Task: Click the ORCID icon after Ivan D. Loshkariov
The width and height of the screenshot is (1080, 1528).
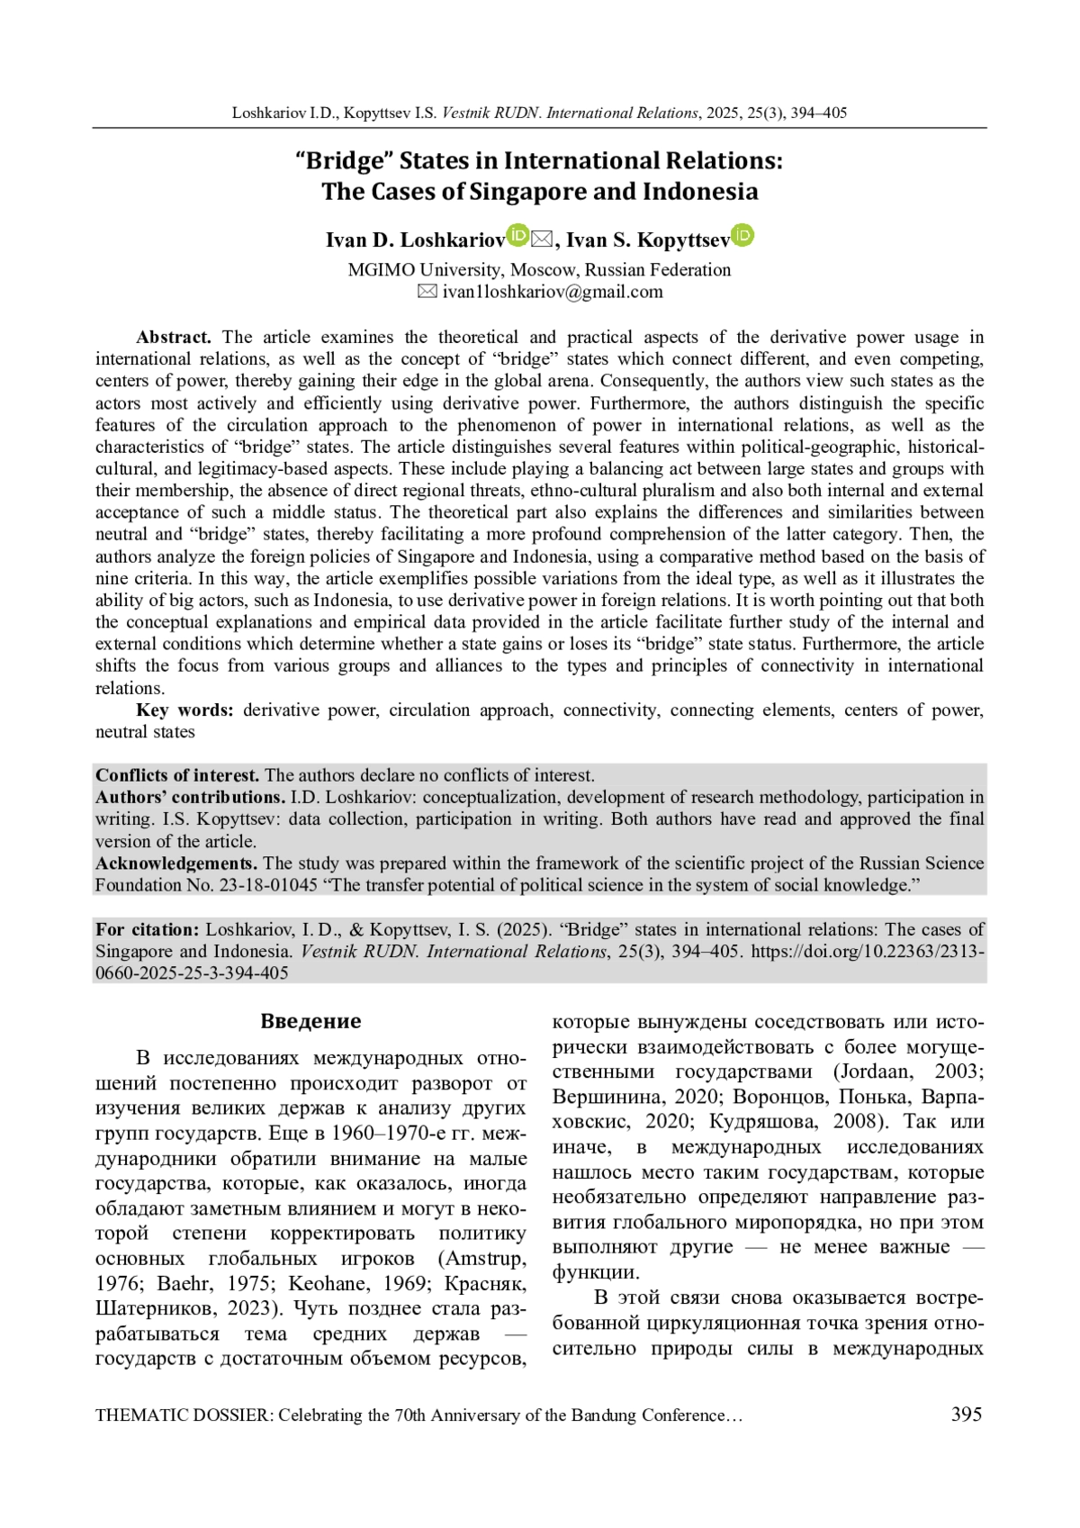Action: [x=517, y=236]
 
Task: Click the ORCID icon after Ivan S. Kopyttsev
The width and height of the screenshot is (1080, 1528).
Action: [x=742, y=236]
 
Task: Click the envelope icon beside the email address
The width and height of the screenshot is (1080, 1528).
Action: [x=427, y=292]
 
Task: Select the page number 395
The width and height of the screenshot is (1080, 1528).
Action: [x=966, y=1415]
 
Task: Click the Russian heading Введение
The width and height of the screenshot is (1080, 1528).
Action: [x=310, y=1021]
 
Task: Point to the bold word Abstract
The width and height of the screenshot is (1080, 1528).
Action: [x=173, y=338]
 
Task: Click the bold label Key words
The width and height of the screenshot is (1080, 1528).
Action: [x=184, y=710]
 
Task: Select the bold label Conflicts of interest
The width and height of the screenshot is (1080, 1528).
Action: [x=177, y=775]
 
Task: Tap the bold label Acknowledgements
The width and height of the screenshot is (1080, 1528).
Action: [x=176, y=863]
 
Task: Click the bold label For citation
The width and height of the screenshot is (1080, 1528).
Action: [x=148, y=930]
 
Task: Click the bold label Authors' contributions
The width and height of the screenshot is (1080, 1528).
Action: [x=191, y=798]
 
